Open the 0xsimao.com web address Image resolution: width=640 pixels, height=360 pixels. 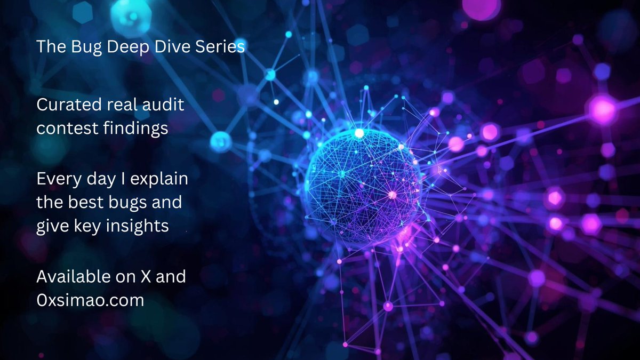[x=90, y=300]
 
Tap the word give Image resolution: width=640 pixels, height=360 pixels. [x=54, y=227]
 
